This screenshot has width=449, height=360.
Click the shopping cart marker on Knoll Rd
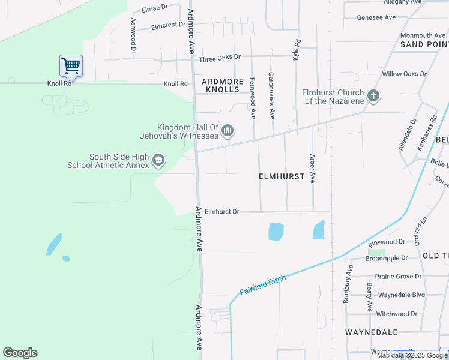point(71,65)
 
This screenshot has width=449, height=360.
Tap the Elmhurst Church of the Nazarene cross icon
point(373,96)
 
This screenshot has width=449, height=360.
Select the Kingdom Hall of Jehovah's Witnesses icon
point(228,130)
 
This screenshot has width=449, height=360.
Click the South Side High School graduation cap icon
point(158,160)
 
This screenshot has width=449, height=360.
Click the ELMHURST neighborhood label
point(282,177)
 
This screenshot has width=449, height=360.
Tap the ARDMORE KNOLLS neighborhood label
point(223,85)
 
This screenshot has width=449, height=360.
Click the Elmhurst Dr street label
point(221,212)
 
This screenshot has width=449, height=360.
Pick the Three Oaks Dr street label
point(219,57)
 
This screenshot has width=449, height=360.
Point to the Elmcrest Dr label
point(169,26)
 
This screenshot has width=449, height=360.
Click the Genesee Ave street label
point(376,17)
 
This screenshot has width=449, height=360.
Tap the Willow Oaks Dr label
point(404,74)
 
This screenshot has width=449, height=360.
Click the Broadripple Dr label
point(387,258)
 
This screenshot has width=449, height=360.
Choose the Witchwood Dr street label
point(396,314)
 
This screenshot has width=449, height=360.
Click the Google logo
point(20,353)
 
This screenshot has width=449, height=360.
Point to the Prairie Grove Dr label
point(398,277)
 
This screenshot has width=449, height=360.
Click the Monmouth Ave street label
point(423,35)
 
